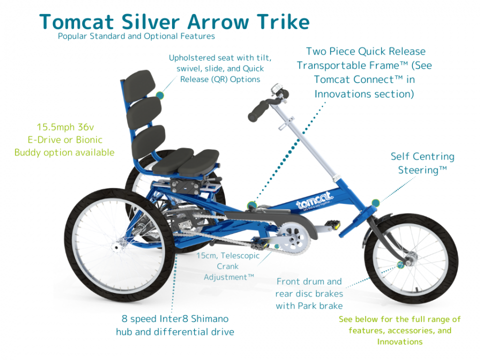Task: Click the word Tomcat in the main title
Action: (76, 22)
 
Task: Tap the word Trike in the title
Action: (283, 22)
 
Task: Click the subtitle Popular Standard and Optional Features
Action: (136, 36)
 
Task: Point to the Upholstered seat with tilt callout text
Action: (220, 68)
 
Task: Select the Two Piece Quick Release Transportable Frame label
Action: (364, 72)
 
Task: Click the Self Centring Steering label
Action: (422, 163)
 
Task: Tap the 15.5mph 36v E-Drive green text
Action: (64, 139)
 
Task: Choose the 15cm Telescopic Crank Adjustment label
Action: (228, 266)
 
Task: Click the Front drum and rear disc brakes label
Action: (309, 293)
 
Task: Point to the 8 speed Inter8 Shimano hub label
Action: (175, 325)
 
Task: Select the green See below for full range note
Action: (399, 330)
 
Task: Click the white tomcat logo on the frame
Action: (314, 201)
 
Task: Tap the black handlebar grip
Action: (258, 111)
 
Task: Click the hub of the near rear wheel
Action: (116, 246)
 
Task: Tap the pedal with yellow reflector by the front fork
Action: (332, 224)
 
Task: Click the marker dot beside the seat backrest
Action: (160, 95)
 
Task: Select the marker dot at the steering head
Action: (375, 202)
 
